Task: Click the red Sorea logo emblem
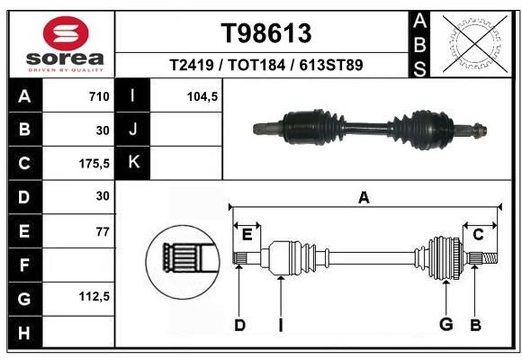[x=66, y=32]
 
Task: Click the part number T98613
[x=266, y=33]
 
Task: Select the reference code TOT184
[x=256, y=65]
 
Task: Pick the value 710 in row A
[x=99, y=97]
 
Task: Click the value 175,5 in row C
[x=94, y=164]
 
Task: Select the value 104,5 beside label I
[x=203, y=97]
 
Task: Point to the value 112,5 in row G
[x=94, y=296]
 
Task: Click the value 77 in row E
[x=103, y=232]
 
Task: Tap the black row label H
[x=25, y=332]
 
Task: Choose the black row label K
[x=133, y=163]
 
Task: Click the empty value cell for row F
[x=79, y=265]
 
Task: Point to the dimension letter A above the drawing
[x=364, y=198]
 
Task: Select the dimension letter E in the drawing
[x=247, y=235]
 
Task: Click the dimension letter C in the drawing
[x=478, y=235]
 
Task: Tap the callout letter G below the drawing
[x=446, y=324]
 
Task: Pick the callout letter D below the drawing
[x=240, y=325]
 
